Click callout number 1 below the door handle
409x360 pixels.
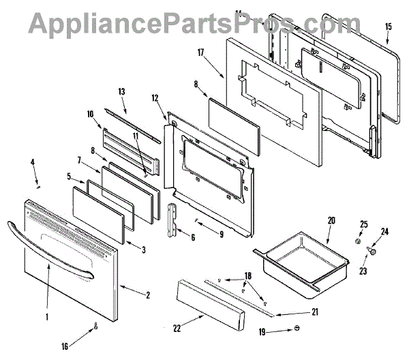point(46,316)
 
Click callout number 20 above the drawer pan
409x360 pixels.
point(331,220)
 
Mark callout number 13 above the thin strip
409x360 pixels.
point(122,91)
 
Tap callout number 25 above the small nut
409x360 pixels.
point(363,224)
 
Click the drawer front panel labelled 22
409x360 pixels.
point(211,301)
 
